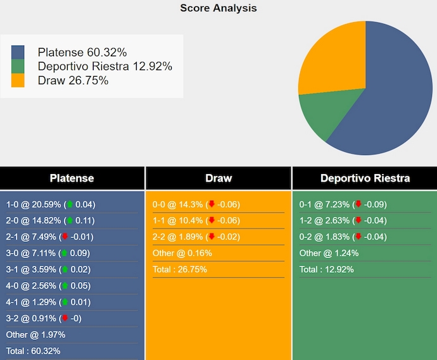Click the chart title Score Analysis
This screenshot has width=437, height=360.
coord(218,8)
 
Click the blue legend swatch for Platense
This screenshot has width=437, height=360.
coord(18,53)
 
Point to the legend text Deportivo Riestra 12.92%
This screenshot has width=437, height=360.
coord(104,66)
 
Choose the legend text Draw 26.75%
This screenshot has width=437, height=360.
coord(73,80)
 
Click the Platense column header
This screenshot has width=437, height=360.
coord(72,178)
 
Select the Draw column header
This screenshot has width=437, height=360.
coord(218,178)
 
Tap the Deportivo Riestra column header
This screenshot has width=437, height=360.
coord(365,178)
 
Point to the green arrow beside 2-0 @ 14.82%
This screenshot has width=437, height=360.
coord(70,221)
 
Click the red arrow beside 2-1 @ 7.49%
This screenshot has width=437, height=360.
coord(65,237)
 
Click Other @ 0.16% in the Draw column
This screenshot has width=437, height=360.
coord(182,253)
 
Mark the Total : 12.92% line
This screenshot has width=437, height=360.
coord(327,270)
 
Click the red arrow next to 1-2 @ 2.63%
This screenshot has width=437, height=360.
coord(358,221)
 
